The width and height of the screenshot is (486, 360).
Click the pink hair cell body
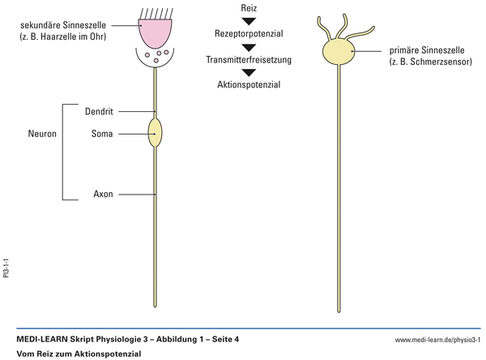155,31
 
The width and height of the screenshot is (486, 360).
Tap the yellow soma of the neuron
155,132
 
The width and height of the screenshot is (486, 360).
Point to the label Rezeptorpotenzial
249,34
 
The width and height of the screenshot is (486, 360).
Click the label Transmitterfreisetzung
249,60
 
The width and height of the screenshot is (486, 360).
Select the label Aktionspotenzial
249,85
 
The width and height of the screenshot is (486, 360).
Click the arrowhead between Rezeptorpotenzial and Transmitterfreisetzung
249,47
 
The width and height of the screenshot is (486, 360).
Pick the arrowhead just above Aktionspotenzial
249,73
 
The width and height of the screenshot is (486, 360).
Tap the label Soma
103,133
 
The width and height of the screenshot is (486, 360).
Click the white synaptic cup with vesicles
155,58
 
